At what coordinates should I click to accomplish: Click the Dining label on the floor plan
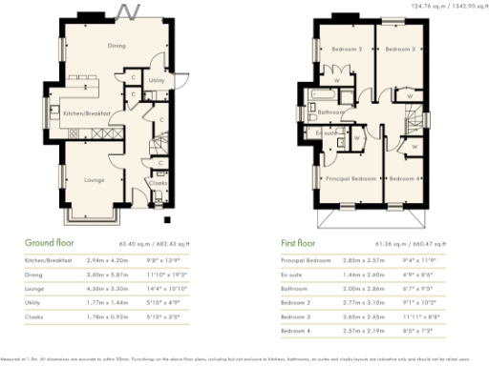(x=116, y=46)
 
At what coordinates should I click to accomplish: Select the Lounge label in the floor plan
(x=94, y=178)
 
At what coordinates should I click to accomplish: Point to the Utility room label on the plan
(x=158, y=82)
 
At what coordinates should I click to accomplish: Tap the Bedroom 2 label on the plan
(x=346, y=49)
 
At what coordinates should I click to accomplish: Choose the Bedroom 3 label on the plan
(x=400, y=49)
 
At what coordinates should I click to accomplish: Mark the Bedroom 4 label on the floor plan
(x=405, y=178)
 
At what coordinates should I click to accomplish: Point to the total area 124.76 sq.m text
(x=429, y=6)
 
